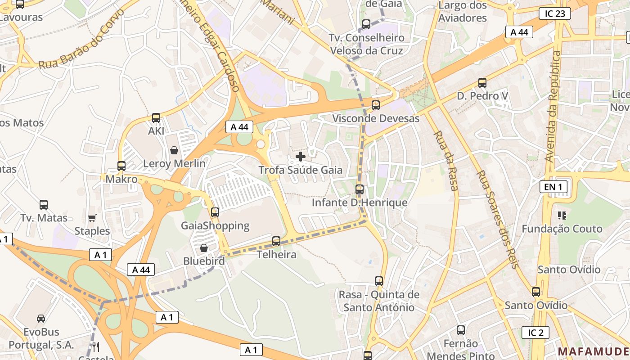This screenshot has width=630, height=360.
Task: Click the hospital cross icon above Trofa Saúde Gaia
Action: tap(301, 157)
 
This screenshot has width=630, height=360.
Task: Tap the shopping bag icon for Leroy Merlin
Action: tap(174, 150)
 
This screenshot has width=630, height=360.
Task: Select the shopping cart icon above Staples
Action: tap(92, 218)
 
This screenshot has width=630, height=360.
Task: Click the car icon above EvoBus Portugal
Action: tap(41, 319)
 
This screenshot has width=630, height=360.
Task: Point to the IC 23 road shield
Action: tap(554, 13)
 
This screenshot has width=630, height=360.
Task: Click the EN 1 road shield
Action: tap(553, 186)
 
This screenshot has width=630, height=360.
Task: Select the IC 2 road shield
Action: tap(535, 333)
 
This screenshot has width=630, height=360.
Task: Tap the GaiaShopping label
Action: tap(215, 225)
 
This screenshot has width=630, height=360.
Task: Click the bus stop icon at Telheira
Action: tap(276, 241)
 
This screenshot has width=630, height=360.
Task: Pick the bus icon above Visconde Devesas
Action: tap(376, 105)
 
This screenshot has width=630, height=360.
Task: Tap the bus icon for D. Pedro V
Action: tap(482, 83)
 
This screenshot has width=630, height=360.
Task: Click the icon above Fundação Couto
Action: tap(562, 216)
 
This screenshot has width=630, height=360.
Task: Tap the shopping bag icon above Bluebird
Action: tap(204, 248)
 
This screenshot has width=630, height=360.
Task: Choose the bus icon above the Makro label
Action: tap(121, 166)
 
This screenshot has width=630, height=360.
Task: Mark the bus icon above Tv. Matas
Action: tap(44, 205)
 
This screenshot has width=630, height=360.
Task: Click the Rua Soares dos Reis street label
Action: tap(498, 219)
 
